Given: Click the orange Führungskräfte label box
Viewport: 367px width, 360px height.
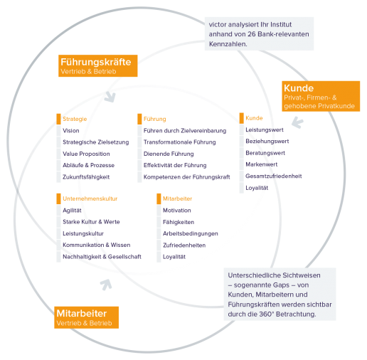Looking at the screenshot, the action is click(x=98, y=65).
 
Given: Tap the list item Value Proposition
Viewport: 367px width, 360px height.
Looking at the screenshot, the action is click(x=86, y=154).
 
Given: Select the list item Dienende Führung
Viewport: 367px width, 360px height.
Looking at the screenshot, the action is click(x=169, y=154).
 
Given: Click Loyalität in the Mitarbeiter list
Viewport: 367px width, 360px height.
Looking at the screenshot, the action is click(x=174, y=257).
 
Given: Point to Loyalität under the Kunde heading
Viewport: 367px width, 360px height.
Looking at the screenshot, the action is click(x=257, y=188).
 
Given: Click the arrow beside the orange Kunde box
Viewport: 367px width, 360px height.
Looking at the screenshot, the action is click(x=297, y=122).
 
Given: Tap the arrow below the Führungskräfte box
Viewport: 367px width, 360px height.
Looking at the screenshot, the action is click(x=110, y=97).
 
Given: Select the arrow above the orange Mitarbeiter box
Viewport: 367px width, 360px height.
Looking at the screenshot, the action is click(x=106, y=285).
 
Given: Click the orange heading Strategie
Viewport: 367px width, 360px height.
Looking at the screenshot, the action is click(x=75, y=119).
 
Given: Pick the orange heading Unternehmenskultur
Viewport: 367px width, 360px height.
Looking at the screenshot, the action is click(x=90, y=198).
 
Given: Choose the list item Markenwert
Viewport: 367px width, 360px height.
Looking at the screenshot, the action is click(x=262, y=164).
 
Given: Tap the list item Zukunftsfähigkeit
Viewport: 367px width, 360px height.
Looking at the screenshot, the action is click(x=86, y=177).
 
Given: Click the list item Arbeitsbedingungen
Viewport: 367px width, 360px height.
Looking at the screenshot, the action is click(x=191, y=233).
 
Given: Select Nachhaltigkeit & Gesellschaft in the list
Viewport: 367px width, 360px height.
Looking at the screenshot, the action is click(x=102, y=257).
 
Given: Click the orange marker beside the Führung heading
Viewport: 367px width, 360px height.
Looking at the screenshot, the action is click(x=139, y=119).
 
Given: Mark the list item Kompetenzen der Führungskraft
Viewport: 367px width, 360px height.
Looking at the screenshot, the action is click(x=187, y=177).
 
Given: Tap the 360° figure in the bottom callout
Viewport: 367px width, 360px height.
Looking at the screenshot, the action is click(x=267, y=314).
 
